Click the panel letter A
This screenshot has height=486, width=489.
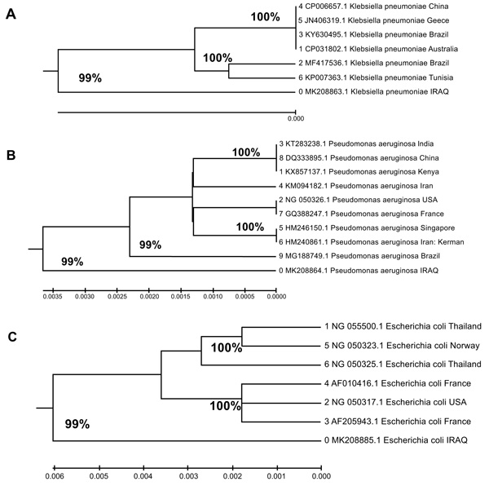(11, 14)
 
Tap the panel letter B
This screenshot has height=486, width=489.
(11, 155)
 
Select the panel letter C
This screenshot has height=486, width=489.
(12, 337)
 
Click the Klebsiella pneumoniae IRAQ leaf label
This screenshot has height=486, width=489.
(373, 91)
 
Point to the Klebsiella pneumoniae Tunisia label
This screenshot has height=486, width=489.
(376, 77)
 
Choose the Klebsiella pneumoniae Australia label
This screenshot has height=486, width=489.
(378, 49)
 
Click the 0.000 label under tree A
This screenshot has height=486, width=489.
(296, 118)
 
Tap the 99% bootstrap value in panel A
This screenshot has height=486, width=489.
(90, 78)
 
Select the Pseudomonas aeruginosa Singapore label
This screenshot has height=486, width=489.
(367, 228)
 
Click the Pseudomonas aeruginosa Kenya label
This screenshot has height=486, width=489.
(359, 172)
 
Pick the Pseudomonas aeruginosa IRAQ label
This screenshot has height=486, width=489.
(359, 271)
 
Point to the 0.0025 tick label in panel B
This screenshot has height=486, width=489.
(117, 296)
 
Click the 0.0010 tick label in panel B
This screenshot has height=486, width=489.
(213, 296)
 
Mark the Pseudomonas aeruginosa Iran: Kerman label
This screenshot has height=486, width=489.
(372, 242)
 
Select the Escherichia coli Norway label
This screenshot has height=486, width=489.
(402, 346)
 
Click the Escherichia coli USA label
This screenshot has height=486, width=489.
(395, 402)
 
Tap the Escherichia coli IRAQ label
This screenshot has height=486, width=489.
(396, 440)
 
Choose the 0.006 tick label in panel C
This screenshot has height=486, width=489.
(55, 476)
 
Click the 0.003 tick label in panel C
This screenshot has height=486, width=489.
(188, 476)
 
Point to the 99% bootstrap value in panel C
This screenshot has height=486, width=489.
(77, 424)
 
